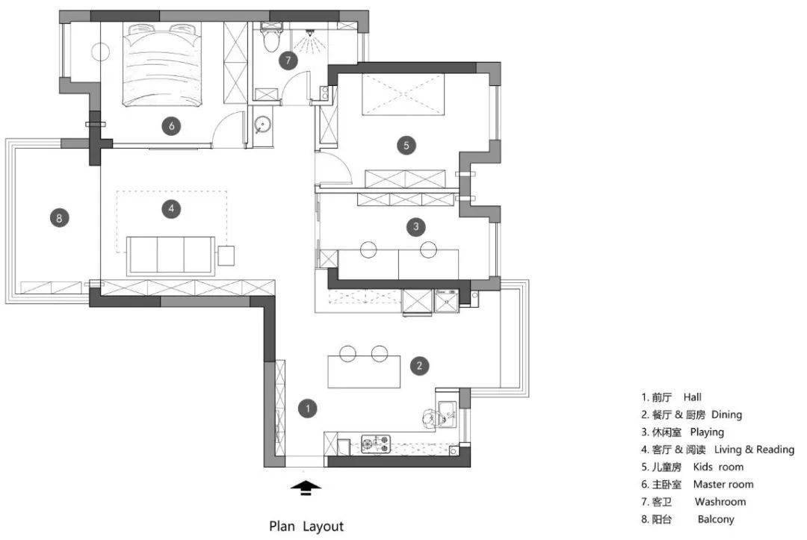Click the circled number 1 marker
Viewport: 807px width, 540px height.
click(308, 409)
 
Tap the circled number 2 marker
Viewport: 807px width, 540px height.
click(419, 366)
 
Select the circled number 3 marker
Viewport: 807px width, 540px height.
click(416, 226)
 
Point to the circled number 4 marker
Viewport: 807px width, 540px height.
click(171, 208)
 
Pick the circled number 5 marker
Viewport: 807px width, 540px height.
click(406, 145)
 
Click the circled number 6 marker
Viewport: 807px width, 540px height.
click(171, 125)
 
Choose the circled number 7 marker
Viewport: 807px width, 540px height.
click(288, 60)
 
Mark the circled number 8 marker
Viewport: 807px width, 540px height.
click(59, 218)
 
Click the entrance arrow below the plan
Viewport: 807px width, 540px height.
click(306, 488)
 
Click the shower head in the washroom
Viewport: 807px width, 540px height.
click(310, 33)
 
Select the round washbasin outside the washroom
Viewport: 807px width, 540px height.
click(262, 125)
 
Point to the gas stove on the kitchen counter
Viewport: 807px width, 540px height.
click(376, 444)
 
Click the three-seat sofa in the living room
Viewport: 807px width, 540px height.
click(171, 255)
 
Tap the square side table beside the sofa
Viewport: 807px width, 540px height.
click(226, 255)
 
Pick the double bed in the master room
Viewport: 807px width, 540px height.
click(161, 65)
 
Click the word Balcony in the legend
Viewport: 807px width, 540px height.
click(716, 519)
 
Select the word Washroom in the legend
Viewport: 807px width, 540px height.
click(720, 501)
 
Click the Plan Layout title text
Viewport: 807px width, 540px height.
click(306, 526)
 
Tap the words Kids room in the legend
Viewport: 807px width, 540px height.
click(718, 467)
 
